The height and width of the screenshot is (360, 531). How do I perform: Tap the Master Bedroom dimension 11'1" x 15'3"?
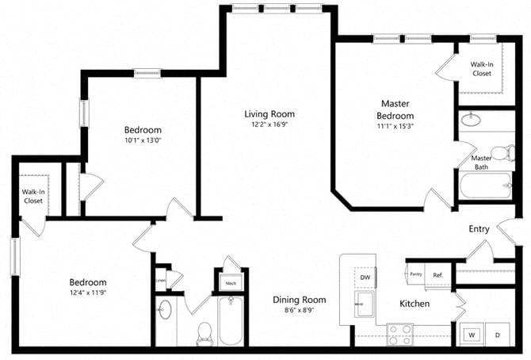click(x=396, y=125)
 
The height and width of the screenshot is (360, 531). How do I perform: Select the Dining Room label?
click(x=300, y=300)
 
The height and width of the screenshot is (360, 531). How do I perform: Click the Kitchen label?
click(x=414, y=304)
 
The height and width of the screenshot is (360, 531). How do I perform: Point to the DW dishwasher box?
click(x=365, y=278)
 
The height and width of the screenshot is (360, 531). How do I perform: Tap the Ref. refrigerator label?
click(x=437, y=275)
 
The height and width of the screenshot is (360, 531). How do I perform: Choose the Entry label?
click(x=479, y=229)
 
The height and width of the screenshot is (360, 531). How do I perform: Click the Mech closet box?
click(x=231, y=282)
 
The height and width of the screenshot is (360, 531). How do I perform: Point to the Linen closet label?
click(x=161, y=279)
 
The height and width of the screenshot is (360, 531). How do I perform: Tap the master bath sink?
click(x=472, y=121)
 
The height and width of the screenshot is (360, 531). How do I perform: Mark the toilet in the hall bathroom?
click(x=203, y=331)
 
